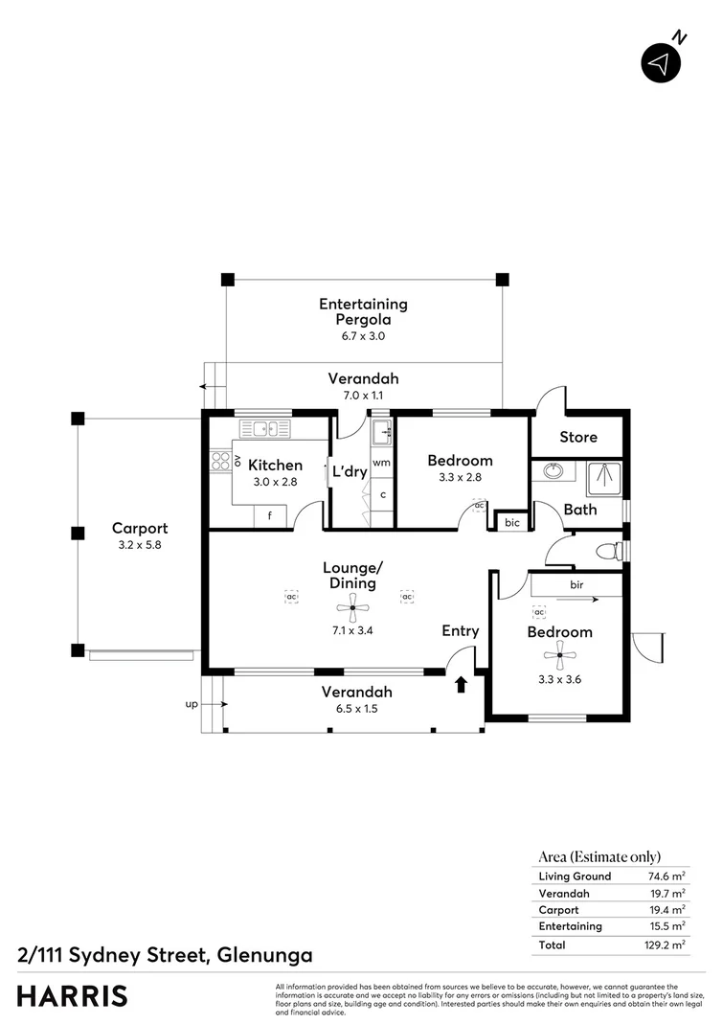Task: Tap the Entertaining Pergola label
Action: point(363,311)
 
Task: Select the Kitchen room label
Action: point(275,466)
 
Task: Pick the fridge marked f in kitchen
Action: point(270,515)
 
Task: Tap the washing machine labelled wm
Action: point(381,463)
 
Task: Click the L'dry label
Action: point(348,471)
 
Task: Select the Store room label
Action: point(577,437)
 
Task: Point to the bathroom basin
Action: point(552,472)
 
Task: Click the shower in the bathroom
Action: point(603,475)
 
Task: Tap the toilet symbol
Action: point(607,551)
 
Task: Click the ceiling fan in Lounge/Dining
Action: point(351,604)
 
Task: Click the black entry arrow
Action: point(461,684)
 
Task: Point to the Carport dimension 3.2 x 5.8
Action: point(140,545)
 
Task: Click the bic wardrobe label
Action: point(511,522)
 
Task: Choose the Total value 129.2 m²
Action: point(667,944)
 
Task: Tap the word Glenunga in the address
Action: point(264,955)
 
